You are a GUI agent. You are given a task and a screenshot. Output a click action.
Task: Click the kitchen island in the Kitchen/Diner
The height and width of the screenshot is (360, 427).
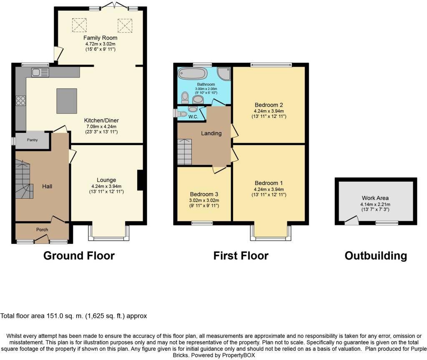[67, 101]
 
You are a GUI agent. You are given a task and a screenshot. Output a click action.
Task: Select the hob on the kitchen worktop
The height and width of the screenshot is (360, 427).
[21, 100]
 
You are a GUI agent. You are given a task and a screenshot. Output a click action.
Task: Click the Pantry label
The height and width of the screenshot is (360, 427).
[33, 140]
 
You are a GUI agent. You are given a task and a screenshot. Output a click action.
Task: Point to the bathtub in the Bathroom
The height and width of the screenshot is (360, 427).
[192, 74]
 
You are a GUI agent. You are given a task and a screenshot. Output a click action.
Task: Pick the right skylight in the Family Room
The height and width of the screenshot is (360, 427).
[124, 26]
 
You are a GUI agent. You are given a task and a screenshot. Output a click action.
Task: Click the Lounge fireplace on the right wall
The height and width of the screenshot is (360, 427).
[141, 180]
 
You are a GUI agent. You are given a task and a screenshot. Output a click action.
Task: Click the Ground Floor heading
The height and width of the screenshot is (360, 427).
[79, 255]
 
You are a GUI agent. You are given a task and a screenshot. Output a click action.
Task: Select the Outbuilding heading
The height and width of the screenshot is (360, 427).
[376, 255]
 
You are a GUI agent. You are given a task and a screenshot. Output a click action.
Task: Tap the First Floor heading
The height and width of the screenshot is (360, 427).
[241, 255]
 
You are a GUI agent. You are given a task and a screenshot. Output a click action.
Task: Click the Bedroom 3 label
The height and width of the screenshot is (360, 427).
[204, 194]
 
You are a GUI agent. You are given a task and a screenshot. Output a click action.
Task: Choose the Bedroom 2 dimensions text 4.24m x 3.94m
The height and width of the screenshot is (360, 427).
[269, 111]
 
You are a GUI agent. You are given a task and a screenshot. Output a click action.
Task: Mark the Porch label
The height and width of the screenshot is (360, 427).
[42, 230]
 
